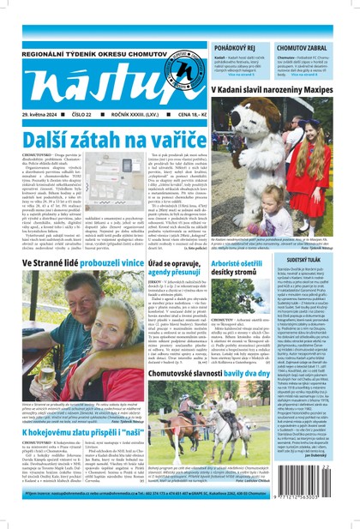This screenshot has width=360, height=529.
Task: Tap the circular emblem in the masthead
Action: click(x=158, y=70)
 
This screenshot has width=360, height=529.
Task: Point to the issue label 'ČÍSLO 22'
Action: click(x=85, y=115)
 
